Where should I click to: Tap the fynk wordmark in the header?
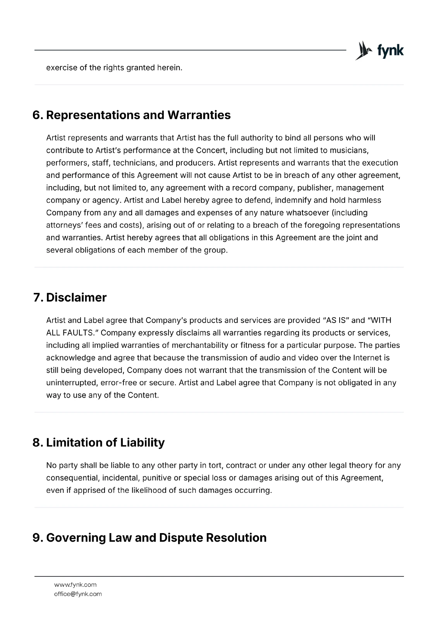[x=390, y=51]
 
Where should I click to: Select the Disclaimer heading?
[x=76, y=298]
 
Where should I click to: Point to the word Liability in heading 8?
[x=142, y=443]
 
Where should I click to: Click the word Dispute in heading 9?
[x=181, y=538]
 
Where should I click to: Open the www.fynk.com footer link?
[x=75, y=585]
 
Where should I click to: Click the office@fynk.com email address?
[x=78, y=594]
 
